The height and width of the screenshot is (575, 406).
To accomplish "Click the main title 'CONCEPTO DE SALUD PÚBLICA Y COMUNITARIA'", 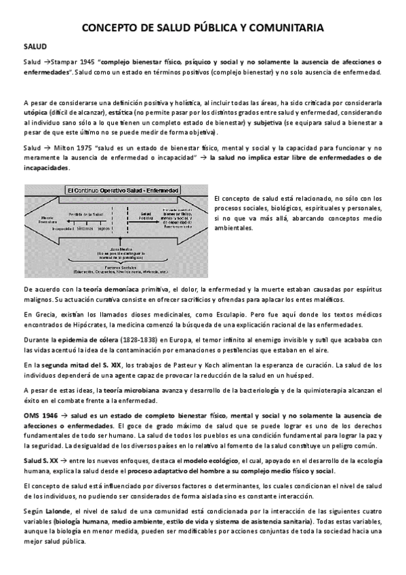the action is click(x=203, y=28).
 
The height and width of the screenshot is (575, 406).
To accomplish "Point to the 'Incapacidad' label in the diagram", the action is click(x=62, y=229).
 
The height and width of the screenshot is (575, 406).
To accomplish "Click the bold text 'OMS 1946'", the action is click(x=41, y=415).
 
